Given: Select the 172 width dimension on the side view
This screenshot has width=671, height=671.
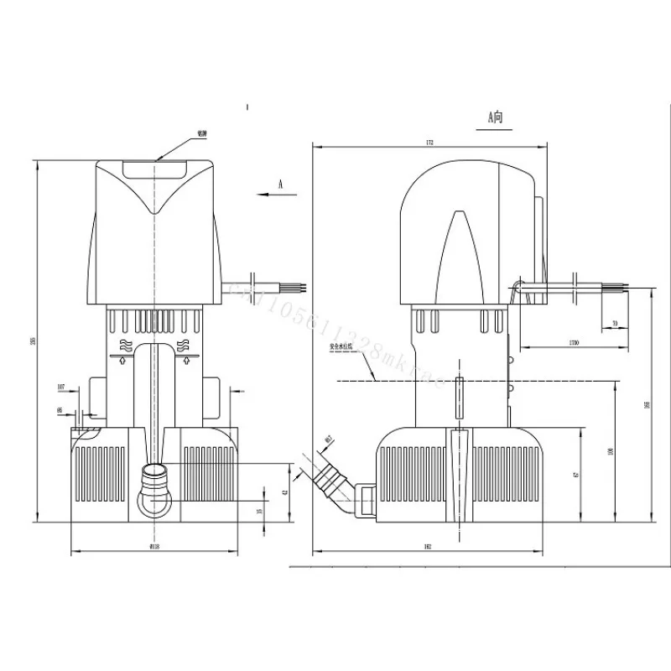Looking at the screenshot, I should pos(430,143).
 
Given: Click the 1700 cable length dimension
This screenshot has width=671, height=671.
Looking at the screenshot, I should pos(573,343).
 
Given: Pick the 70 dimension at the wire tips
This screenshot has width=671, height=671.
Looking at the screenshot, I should pos(615,323).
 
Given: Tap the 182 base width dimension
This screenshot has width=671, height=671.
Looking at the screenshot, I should pos(427,547).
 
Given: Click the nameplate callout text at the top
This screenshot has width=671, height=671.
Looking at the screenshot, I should pos(201,133).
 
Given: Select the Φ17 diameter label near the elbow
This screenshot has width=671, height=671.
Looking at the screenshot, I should pos(329,440).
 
